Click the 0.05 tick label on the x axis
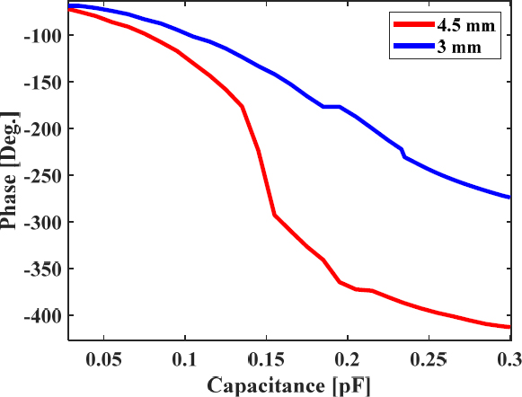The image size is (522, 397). [104, 359]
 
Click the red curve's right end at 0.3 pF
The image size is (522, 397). [509, 327]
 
